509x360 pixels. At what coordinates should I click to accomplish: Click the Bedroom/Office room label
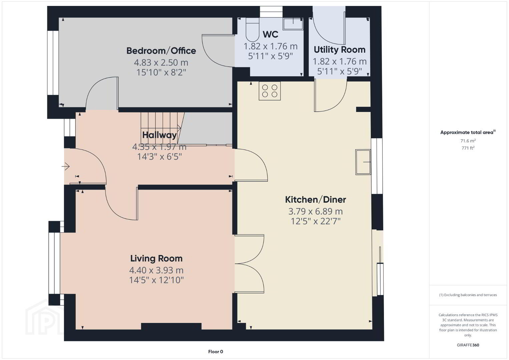[x=161, y=51]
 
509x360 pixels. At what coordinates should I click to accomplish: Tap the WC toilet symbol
[x=252, y=30]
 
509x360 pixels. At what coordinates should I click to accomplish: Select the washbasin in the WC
[x=293, y=24]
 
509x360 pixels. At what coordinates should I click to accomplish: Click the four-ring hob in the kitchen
[x=270, y=91]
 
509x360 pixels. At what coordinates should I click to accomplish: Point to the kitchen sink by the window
[x=363, y=162]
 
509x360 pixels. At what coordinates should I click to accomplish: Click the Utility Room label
[x=340, y=50]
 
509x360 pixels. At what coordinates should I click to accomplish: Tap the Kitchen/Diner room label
[x=316, y=200]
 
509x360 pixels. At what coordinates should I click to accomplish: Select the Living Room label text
[x=156, y=258]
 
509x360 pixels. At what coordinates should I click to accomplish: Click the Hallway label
[x=159, y=135]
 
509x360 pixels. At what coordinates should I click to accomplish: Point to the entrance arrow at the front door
[x=65, y=166]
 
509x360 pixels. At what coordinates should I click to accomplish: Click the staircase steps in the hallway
[x=161, y=128]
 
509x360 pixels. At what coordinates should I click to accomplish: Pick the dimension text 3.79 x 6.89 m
[x=316, y=211]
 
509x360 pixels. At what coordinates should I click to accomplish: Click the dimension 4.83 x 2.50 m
[x=161, y=62]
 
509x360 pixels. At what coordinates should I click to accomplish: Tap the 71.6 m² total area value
[x=468, y=141]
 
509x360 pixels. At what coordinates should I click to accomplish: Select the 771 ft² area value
[x=468, y=148]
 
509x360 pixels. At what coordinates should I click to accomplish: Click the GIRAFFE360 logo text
[x=468, y=345]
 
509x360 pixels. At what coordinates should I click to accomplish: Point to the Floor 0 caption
[x=216, y=352]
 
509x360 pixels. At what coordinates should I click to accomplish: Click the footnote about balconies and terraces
[x=468, y=295]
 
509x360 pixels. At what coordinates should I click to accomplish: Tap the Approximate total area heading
[x=468, y=132]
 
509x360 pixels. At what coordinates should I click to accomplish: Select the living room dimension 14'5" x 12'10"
[x=156, y=280]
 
